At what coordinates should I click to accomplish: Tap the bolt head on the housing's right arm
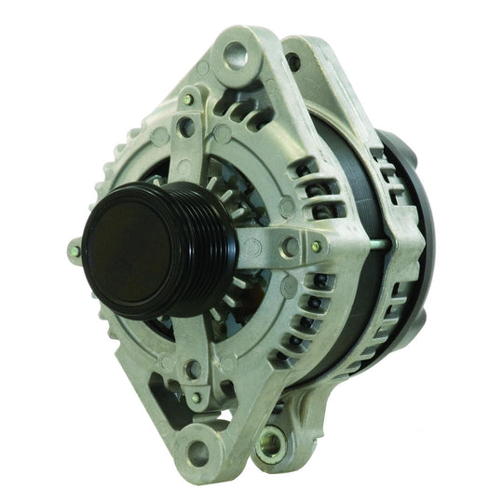316,246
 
